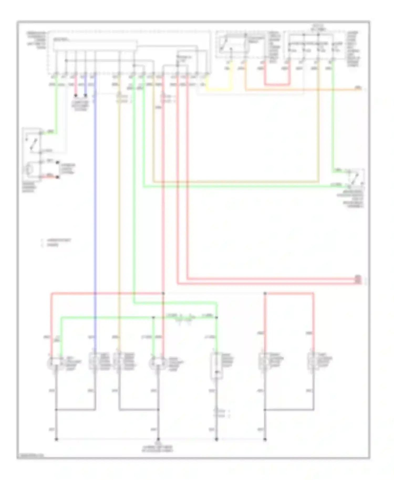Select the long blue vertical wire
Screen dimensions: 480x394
click(x=95, y=210)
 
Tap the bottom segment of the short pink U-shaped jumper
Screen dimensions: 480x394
click(x=277, y=85)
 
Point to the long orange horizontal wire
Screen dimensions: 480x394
click(x=302, y=90)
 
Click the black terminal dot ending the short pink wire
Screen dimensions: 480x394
click(x=76, y=96)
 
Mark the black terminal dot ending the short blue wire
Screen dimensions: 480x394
click(x=85, y=96)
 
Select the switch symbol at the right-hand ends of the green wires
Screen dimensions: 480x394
click(x=356, y=178)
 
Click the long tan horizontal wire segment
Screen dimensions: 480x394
click(x=236, y=181)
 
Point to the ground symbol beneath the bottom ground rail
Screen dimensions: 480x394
click(x=158, y=439)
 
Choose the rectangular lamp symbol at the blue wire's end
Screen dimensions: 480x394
click(x=93, y=361)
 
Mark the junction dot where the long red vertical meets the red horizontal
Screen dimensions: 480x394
click(x=163, y=293)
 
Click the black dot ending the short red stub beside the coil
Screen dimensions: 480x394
click(x=58, y=177)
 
